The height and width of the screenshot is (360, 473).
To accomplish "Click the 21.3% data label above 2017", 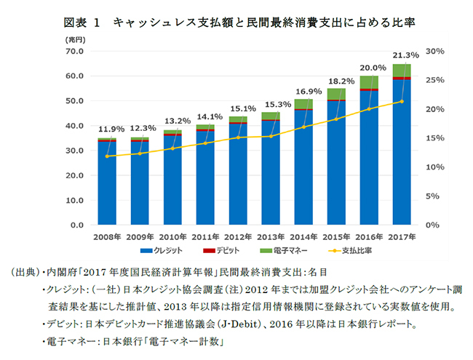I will [x=405, y=55].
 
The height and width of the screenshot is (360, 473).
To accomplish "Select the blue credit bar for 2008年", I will [x=107, y=185].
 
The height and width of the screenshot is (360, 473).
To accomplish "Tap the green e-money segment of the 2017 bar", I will [x=402, y=70].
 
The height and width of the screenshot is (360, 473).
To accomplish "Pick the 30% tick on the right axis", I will [x=435, y=51].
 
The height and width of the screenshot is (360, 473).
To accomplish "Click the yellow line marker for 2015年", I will [x=336, y=119].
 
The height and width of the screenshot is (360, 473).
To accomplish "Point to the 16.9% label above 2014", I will [x=307, y=91].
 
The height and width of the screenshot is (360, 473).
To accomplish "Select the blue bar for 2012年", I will [x=238, y=175].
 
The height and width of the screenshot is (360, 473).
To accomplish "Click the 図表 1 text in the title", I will [x=80, y=23].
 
